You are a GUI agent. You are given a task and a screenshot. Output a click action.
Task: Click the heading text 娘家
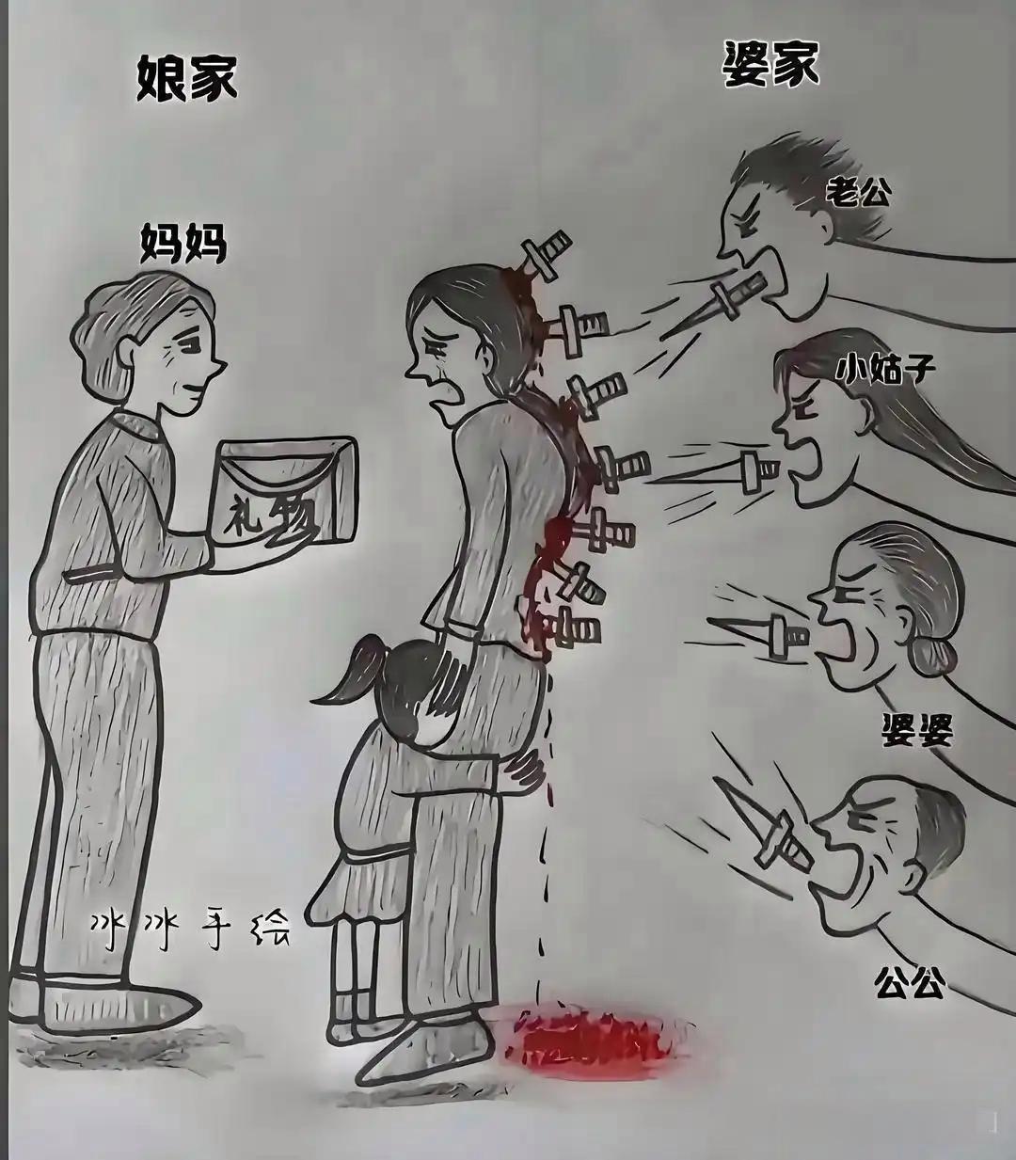tap(187, 76)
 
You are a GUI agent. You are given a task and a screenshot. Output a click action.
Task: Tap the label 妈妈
tap(183, 244)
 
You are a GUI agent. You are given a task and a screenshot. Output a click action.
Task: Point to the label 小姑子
tap(885, 368)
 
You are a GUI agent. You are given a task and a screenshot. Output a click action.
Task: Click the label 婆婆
tap(916, 730)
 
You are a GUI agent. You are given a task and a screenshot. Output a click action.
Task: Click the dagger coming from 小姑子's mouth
tap(738, 470)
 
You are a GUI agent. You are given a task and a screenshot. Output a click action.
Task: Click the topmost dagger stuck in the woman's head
tap(544, 254)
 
